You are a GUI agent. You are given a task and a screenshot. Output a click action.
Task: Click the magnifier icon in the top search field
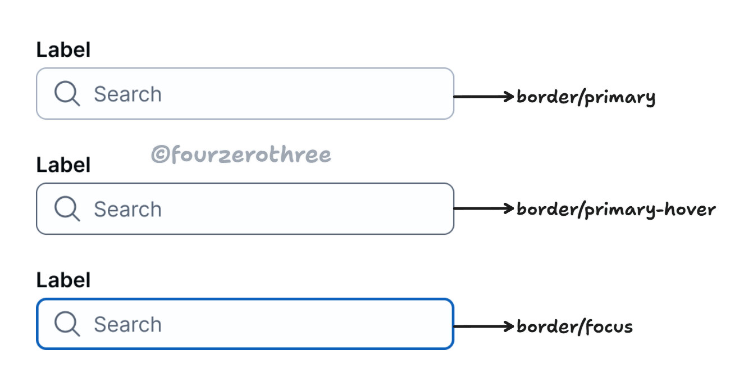point(67,93)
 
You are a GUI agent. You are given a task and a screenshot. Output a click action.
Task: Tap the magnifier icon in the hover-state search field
point(67,208)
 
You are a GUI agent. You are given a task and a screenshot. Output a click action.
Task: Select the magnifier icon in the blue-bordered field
point(67,324)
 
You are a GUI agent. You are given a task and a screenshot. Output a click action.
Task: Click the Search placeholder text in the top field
point(127,94)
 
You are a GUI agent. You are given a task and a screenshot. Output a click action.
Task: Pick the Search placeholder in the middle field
point(127,209)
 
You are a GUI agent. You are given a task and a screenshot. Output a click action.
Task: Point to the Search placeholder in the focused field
point(127,324)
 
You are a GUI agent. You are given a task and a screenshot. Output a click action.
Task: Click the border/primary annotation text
point(586,97)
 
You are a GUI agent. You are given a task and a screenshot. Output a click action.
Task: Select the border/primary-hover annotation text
point(616,210)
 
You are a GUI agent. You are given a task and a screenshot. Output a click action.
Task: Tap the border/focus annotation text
point(574,326)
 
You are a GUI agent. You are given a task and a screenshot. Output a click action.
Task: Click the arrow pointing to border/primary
point(484,97)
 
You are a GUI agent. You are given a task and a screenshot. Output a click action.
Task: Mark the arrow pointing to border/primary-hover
point(484,208)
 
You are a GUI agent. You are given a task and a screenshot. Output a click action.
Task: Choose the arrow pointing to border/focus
point(484,326)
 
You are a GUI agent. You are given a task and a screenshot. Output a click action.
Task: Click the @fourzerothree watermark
point(241,155)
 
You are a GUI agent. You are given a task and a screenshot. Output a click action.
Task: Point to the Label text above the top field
point(63,50)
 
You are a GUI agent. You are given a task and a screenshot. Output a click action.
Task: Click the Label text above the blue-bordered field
point(63,280)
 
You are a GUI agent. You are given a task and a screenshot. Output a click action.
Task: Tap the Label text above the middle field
point(63,165)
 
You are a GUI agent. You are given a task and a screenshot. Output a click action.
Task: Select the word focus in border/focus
point(609,326)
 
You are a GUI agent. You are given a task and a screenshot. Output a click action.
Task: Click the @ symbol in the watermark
point(159,155)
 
